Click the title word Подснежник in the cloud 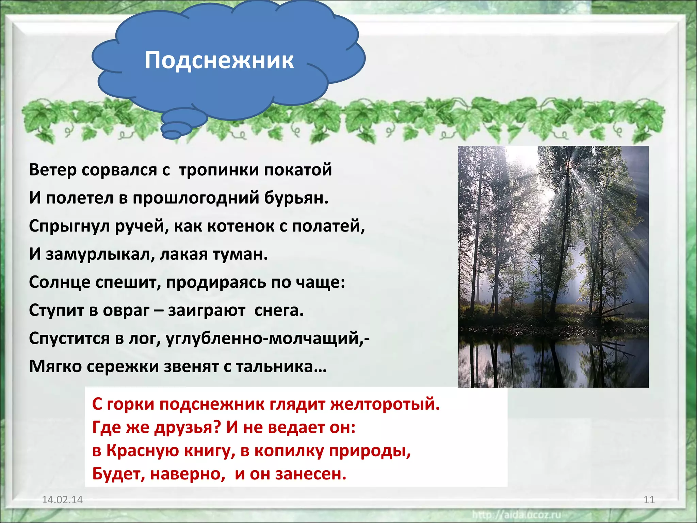(219, 60)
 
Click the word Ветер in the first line (52, 170)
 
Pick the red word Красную (143, 450)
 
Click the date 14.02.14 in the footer (62, 500)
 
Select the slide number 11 (649, 500)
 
